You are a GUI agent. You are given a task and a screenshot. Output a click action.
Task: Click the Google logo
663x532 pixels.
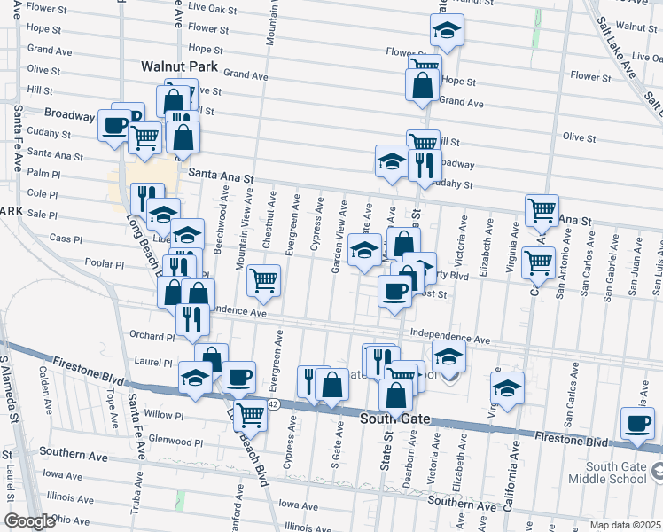click(x=28, y=521)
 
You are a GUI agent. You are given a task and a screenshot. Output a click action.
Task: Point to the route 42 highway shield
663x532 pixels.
click(x=276, y=404)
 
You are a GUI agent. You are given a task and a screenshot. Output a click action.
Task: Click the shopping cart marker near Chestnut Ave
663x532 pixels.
click(x=264, y=280)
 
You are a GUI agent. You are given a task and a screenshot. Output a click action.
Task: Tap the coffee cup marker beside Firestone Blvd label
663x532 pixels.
click(x=636, y=423)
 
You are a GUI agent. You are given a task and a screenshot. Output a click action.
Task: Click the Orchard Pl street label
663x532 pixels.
click(x=152, y=337)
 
